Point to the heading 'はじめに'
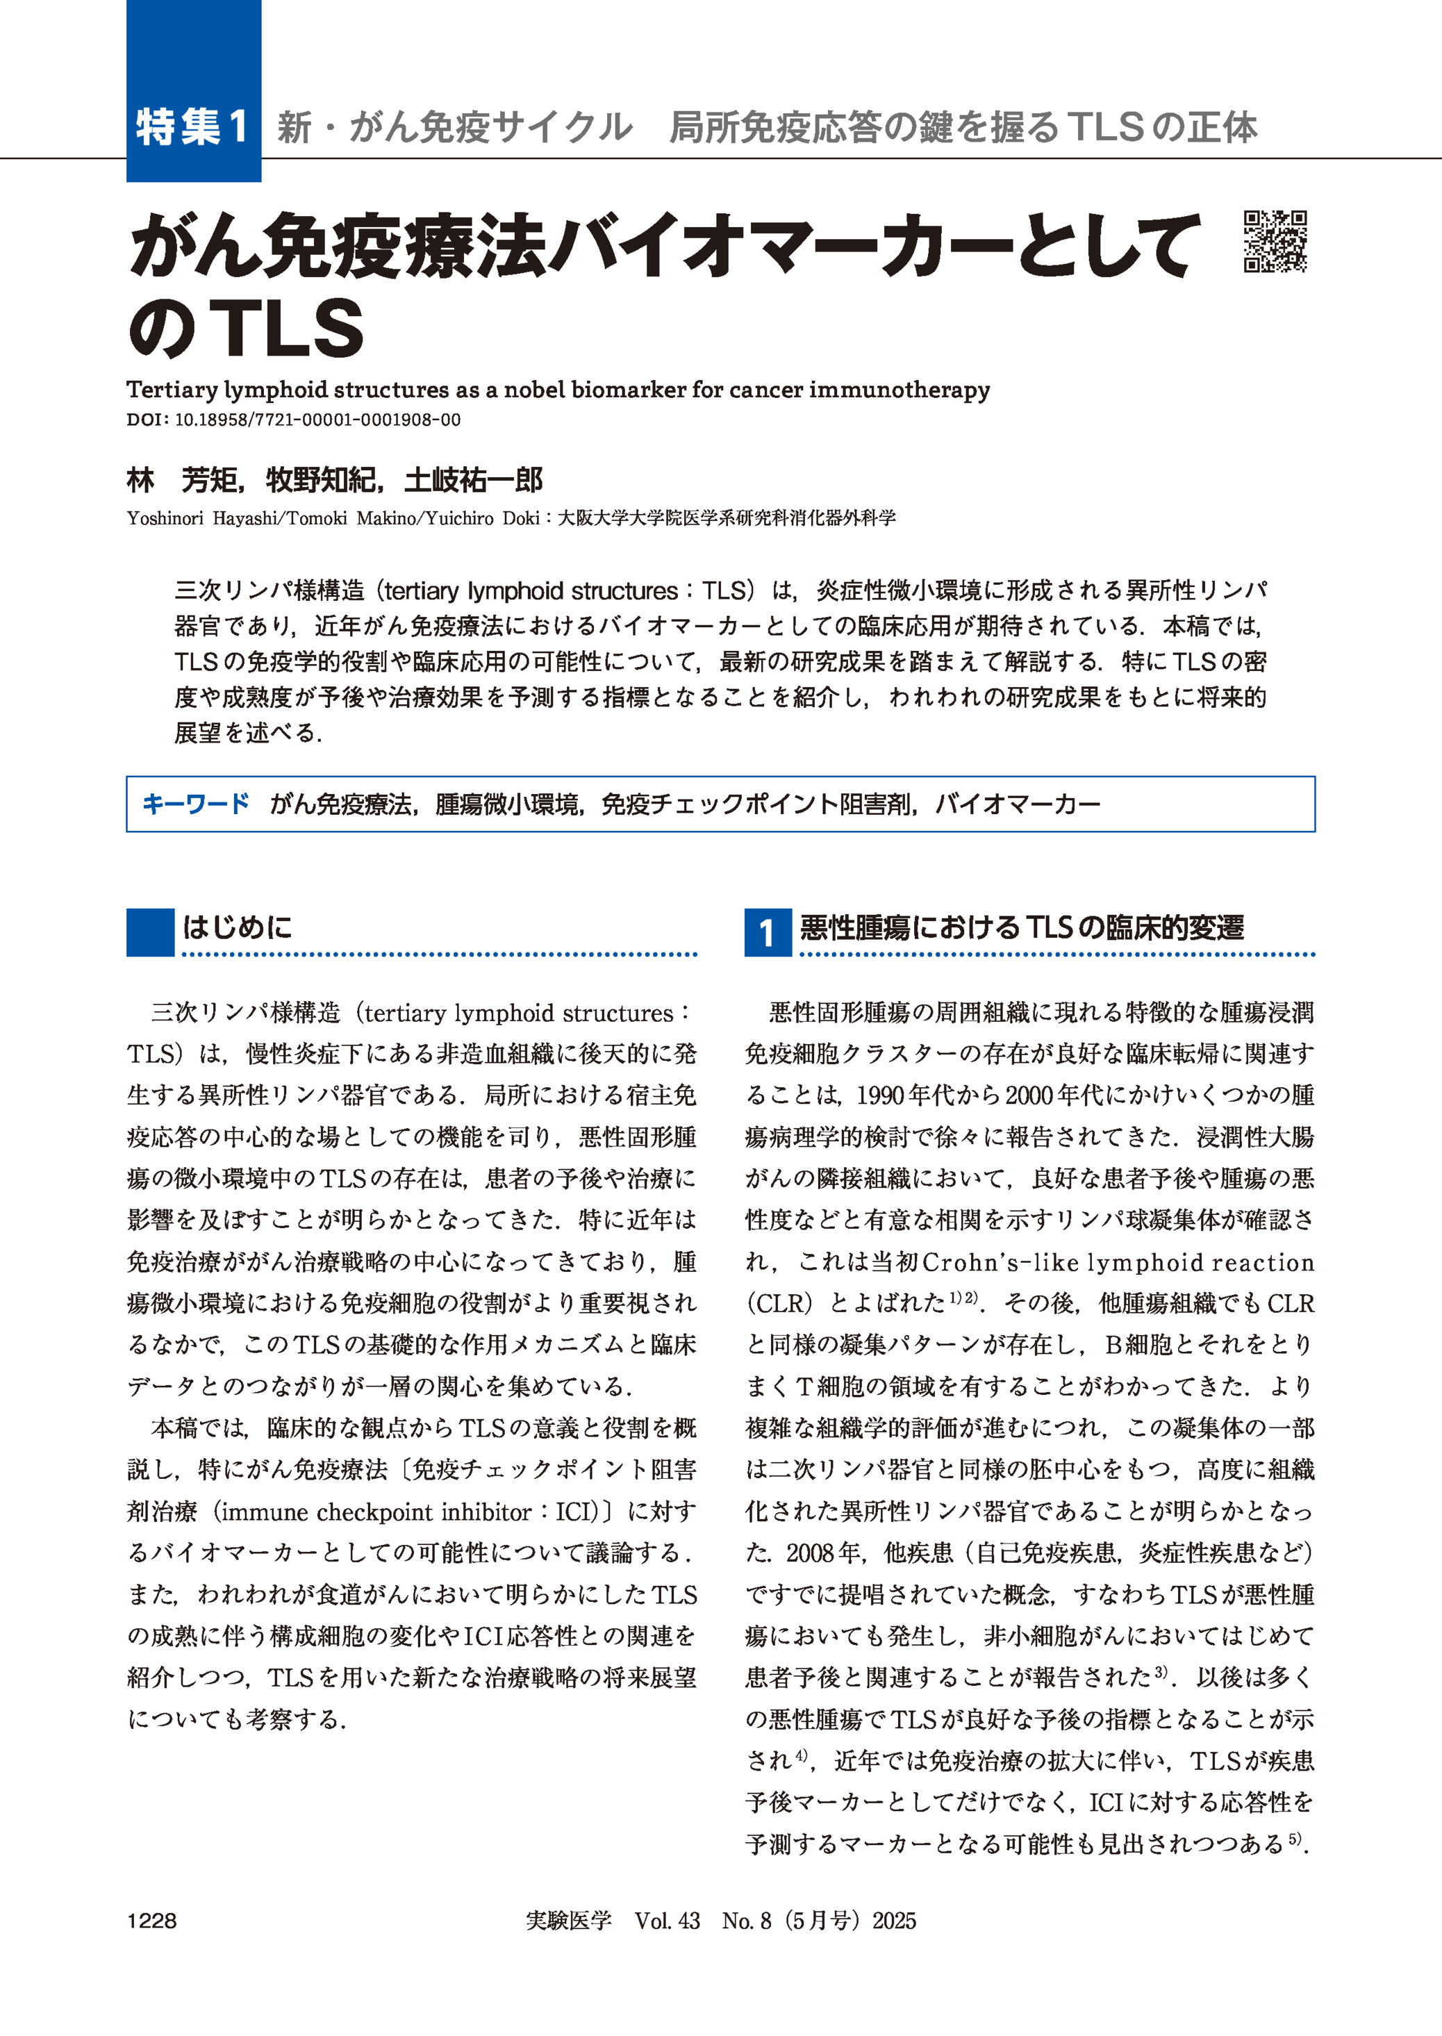(237, 928)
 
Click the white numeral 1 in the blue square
(767, 933)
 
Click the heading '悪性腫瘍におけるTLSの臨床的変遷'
(1022, 928)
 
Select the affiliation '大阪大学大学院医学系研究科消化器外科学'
(727, 518)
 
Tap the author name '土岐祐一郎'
(472, 481)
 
